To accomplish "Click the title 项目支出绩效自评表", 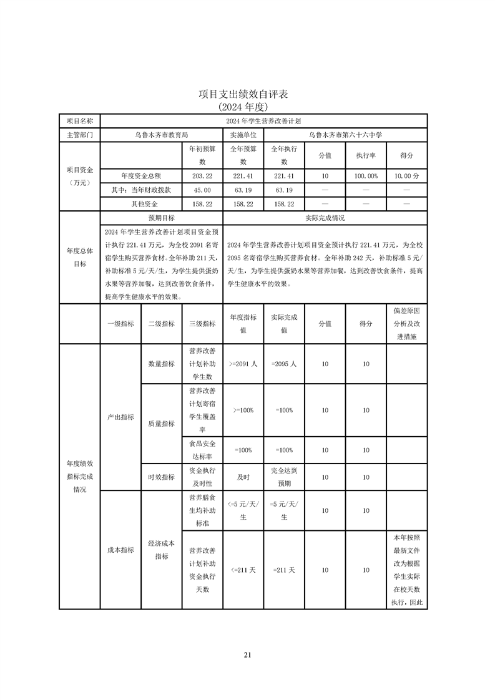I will tap(247, 94).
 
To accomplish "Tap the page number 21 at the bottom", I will tap(247, 655).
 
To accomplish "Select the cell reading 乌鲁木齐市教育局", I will tap(161, 134).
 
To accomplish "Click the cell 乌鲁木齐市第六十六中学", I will tap(345, 134).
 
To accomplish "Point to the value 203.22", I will tap(202, 177).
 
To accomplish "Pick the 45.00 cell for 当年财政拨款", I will tap(202, 190).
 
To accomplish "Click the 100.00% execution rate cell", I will tap(366, 177).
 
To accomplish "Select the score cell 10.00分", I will tap(406, 177).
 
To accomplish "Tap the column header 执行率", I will tap(366, 155).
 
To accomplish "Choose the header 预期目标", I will tap(161, 218).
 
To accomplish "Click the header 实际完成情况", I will tap(325, 218).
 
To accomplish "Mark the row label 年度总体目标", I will tap(79, 257).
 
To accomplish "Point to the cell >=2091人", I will tap(243, 364).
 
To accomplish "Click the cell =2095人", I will tap(283, 364).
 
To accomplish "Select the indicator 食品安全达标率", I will tap(202, 450).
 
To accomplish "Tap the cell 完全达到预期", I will tap(283, 477).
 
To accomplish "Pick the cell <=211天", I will tap(243, 570).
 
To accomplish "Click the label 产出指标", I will tap(120, 417).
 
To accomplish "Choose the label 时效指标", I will tap(161, 477).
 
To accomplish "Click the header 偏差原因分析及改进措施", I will tap(406, 324).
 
